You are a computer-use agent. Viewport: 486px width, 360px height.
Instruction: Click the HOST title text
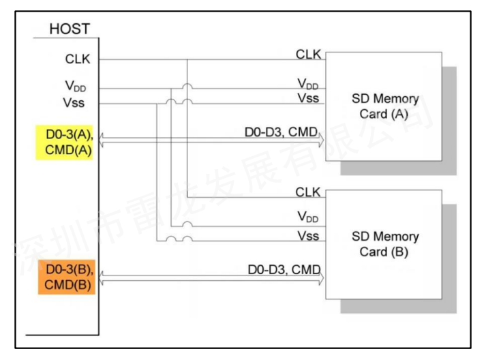pyautogui.click(x=69, y=29)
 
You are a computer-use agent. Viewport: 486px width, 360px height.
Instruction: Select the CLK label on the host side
pyautogui.click(x=76, y=59)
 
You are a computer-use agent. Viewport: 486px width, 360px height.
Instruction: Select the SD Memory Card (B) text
pyautogui.click(x=385, y=244)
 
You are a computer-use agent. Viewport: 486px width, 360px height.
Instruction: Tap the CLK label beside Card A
pyautogui.click(x=308, y=53)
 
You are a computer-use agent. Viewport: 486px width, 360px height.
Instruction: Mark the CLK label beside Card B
pyautogui.click(x=308, y=192)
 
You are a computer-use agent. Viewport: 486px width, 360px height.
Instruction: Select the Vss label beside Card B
pyautogui.click(x=309, y=236)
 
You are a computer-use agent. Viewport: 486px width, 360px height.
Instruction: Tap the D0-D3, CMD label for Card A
pyautogui.click(x=281, y=130)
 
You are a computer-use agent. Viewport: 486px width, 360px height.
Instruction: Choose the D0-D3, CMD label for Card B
pyautogui.click(x=283, y=270)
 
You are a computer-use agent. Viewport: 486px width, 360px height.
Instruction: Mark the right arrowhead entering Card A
pyautogui.click(x=321, y=140)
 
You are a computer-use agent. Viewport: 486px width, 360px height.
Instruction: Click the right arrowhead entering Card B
pyautogui.click(x=321, y=278)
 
